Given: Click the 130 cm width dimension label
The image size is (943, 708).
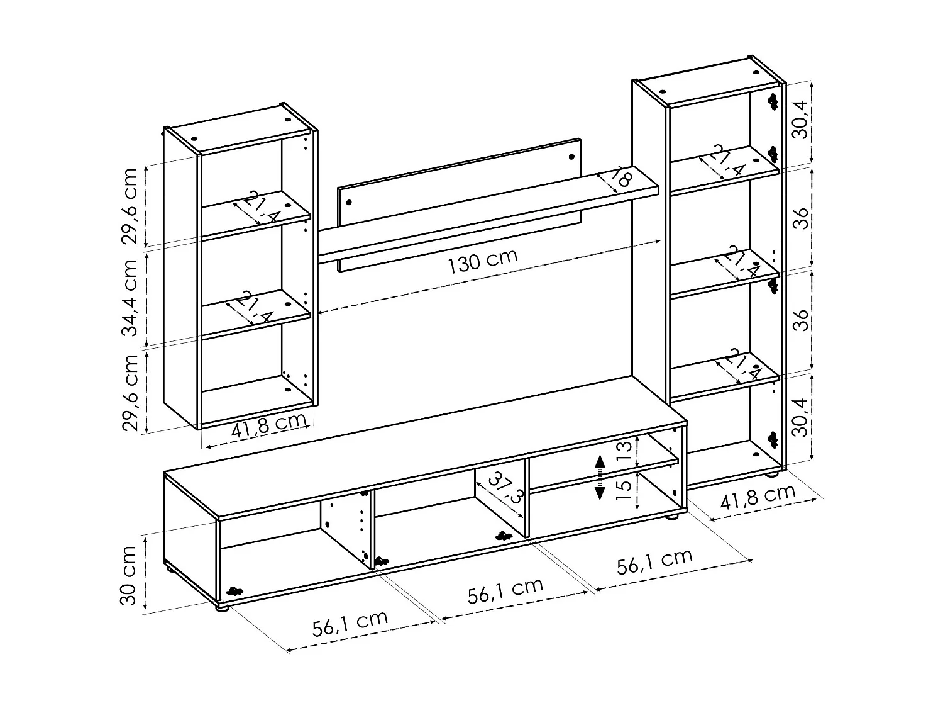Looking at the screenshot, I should tap(482, 261).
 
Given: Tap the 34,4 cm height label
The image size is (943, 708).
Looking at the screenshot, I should tap(131, 298).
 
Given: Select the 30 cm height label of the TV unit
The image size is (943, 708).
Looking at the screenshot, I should tap(129, 575).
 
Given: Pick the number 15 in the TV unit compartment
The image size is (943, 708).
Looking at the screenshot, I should tap(624, 489).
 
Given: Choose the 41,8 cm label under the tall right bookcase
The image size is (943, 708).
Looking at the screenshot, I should tap(758, 497).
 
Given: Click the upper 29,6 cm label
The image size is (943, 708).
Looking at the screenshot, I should tap(131, 206).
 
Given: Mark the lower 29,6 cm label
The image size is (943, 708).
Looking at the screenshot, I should tap(131, 392).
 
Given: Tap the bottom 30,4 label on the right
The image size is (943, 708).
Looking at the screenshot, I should tap(800, 418).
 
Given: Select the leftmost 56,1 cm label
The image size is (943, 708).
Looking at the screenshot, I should tap(350, 623).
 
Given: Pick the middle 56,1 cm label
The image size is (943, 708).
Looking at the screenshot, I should tap(505, 591).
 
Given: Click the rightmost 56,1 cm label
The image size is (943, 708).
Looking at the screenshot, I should tap(654, 560).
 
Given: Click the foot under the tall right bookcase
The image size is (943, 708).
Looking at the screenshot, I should tap(771, 474).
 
